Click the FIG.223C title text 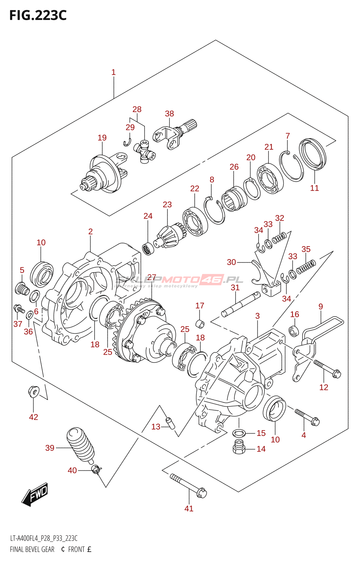click(38, 15)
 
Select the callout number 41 click(189, 508)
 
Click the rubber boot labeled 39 click(80, 444)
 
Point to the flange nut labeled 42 click(33, 391)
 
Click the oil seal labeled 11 click(313, 154)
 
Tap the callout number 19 click(102, 138)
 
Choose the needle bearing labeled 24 click(148, 248)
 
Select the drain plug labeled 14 click(239, 446)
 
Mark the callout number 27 click(152, 277)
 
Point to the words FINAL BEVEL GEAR click(32, 549)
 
